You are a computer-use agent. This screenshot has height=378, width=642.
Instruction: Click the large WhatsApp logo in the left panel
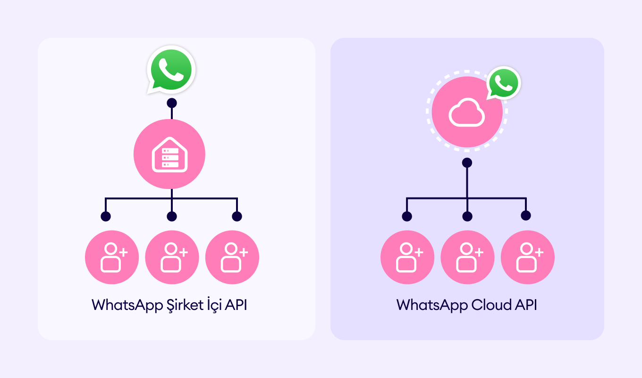coord(171,69)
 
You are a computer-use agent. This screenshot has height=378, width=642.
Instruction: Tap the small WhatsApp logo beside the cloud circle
coord(504,83)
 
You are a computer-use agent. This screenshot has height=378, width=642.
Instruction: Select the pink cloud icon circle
coord(467,112)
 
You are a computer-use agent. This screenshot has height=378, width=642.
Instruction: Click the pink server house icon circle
coord(169,154)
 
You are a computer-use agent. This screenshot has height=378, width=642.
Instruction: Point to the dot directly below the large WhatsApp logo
coord(172,103)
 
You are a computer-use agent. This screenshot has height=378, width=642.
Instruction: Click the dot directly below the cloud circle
coord(467,163)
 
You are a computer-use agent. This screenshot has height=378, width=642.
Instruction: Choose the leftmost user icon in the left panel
coord(112,257)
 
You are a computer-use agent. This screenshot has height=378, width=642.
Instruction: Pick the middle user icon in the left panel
coord(172,257)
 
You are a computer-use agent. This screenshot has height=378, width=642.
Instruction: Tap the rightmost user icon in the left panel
coord(232,257)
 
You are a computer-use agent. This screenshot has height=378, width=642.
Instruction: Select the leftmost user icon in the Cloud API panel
coord(407,257)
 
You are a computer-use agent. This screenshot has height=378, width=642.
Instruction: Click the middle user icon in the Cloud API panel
coord(467,257)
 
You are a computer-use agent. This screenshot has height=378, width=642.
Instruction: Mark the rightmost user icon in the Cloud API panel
coord(528,257)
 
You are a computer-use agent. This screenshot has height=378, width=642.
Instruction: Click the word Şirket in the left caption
coord(185,305)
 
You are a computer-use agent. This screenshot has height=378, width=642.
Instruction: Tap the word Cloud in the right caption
coord(491,305)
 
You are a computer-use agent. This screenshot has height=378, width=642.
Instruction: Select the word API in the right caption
coord(526,305)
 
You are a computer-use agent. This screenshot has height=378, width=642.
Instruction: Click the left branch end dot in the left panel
coord(106,216)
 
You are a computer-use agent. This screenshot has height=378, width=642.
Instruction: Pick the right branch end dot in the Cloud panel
coord(526,215)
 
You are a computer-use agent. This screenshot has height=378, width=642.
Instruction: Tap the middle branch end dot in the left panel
coord(172,216)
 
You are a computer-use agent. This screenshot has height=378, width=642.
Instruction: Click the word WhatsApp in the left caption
coord(127,305)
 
